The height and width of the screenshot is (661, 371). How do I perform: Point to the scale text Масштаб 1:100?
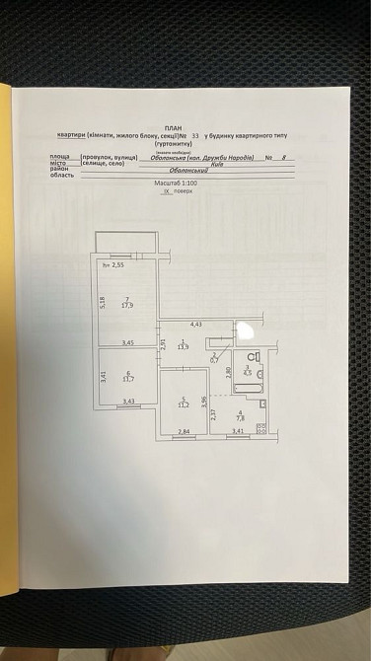177,184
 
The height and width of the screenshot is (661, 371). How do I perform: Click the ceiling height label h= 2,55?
117,265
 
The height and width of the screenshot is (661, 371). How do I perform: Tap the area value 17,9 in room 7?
126,306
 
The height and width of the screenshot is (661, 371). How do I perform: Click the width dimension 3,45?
127,342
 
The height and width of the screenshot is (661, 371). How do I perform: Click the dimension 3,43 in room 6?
128,401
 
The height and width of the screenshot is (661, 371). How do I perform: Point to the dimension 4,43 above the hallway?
195,324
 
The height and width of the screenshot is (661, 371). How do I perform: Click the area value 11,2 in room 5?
182,404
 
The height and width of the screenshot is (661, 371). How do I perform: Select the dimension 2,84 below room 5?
183,432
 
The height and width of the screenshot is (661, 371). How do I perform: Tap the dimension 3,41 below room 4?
238,432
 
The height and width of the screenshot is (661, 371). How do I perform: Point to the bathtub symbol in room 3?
252,393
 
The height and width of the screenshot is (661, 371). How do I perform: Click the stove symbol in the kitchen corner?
261,427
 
